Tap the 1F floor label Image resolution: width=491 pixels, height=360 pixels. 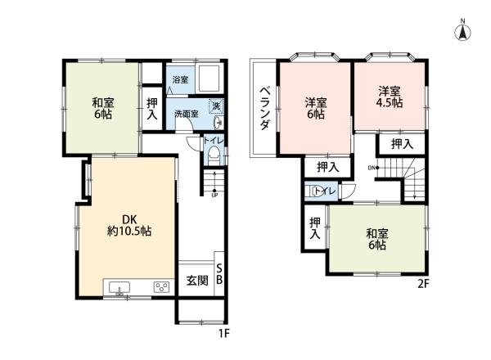coord(223,334)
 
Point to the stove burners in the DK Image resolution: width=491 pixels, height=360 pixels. coord(161,287)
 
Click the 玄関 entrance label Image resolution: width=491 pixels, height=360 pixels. coord(196,281)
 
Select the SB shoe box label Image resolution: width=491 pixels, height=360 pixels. coord(218,273)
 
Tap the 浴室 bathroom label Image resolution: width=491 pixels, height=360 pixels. coord(180,80)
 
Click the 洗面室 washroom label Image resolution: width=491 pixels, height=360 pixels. coord(186,114)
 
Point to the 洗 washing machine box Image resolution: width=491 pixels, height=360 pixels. coord(216,106)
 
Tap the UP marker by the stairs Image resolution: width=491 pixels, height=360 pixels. coord(214,195)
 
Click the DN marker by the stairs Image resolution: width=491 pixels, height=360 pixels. coord(371,168)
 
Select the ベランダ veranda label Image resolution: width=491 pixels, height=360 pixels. coord(265,108)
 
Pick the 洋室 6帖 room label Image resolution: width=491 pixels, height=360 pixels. coord(315,108)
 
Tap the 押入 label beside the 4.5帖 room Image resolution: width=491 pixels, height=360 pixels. coord(400,144)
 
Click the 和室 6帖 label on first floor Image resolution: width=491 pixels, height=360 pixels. coord(102,108)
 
